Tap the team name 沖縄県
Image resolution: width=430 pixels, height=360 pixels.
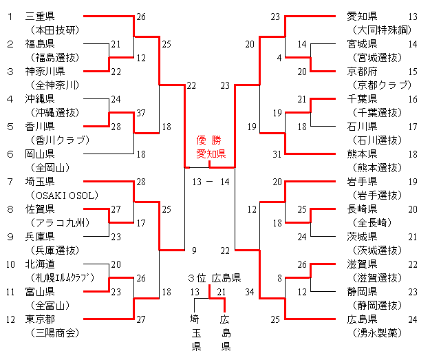[x=40, y=99]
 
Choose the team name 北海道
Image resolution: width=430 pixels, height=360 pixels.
[x=40, y=264]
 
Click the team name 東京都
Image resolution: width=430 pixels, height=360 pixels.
[x=40, y=319]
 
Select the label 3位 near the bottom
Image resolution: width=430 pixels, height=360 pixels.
[x=196, y=278]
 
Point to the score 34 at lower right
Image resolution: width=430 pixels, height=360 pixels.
[x=248, y=293]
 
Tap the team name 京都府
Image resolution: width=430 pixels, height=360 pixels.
[x=362, y=72]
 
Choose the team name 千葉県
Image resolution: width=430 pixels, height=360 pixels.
[x=362, y=99]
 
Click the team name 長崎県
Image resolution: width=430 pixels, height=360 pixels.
[x=362, y=209]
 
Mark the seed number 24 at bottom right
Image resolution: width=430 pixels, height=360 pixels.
[x=412, y=319]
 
